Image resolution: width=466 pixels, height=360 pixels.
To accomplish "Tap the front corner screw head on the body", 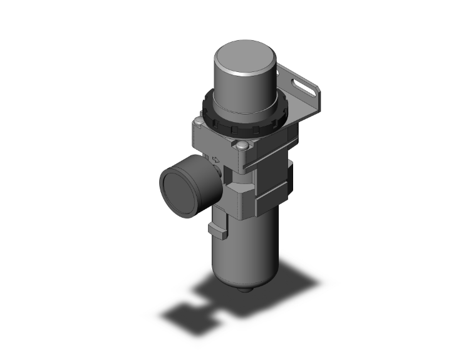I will pyautogui.click(x=242, y=147).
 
